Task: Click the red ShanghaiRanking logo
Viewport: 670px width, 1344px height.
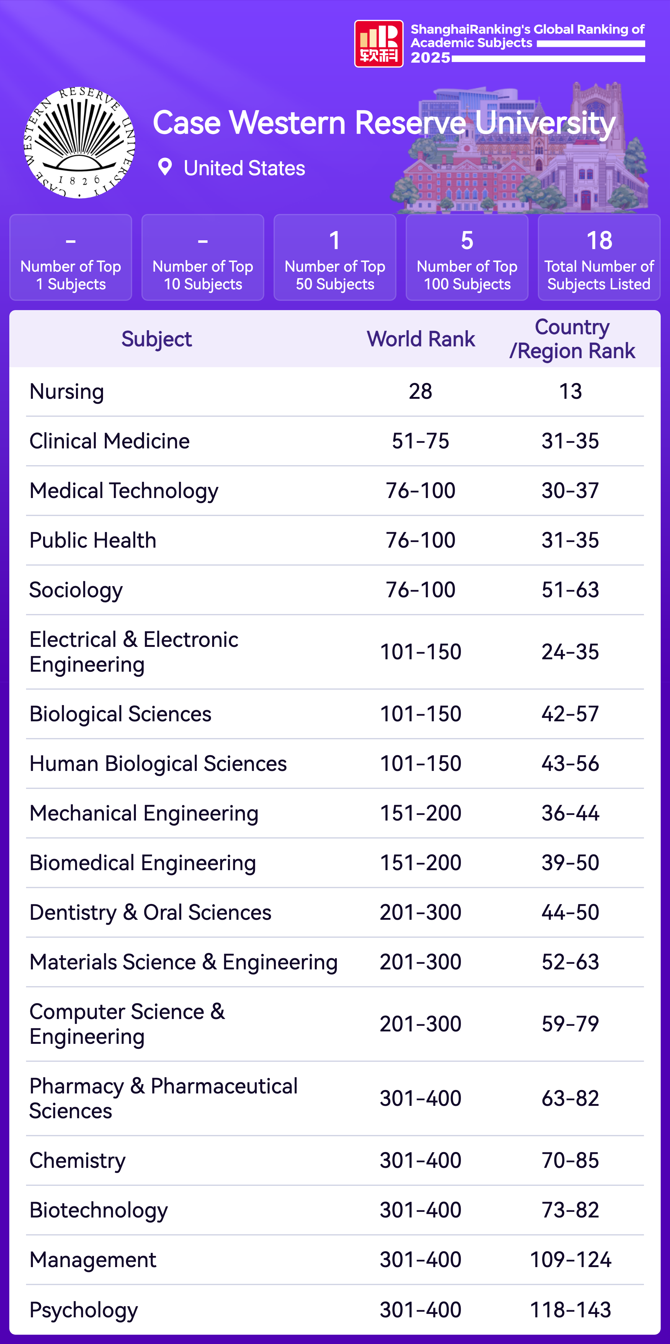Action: [x=379, y=44]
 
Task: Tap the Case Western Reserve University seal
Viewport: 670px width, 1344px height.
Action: [x=79, y=142]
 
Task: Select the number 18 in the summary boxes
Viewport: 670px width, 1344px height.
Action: [x=599, y=241]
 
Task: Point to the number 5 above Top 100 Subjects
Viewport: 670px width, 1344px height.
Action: [x=467, y=241]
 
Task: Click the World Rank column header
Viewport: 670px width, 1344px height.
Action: [x=421, y=339]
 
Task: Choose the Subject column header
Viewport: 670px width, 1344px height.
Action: [x=157, y=339]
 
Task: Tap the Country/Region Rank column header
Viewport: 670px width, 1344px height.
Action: [x=572, y=339]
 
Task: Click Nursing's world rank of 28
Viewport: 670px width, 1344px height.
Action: [x=421, y=391]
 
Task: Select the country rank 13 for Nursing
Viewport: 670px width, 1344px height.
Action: [x=570, y=391]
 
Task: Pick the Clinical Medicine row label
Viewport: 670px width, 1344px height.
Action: [x=109, y=441]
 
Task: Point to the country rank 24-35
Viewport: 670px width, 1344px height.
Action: [x=570, y=652]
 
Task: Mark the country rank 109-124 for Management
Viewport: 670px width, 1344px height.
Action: [x=570, y=1259]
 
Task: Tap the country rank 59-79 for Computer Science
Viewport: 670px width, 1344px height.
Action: [x=570, y=1024]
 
